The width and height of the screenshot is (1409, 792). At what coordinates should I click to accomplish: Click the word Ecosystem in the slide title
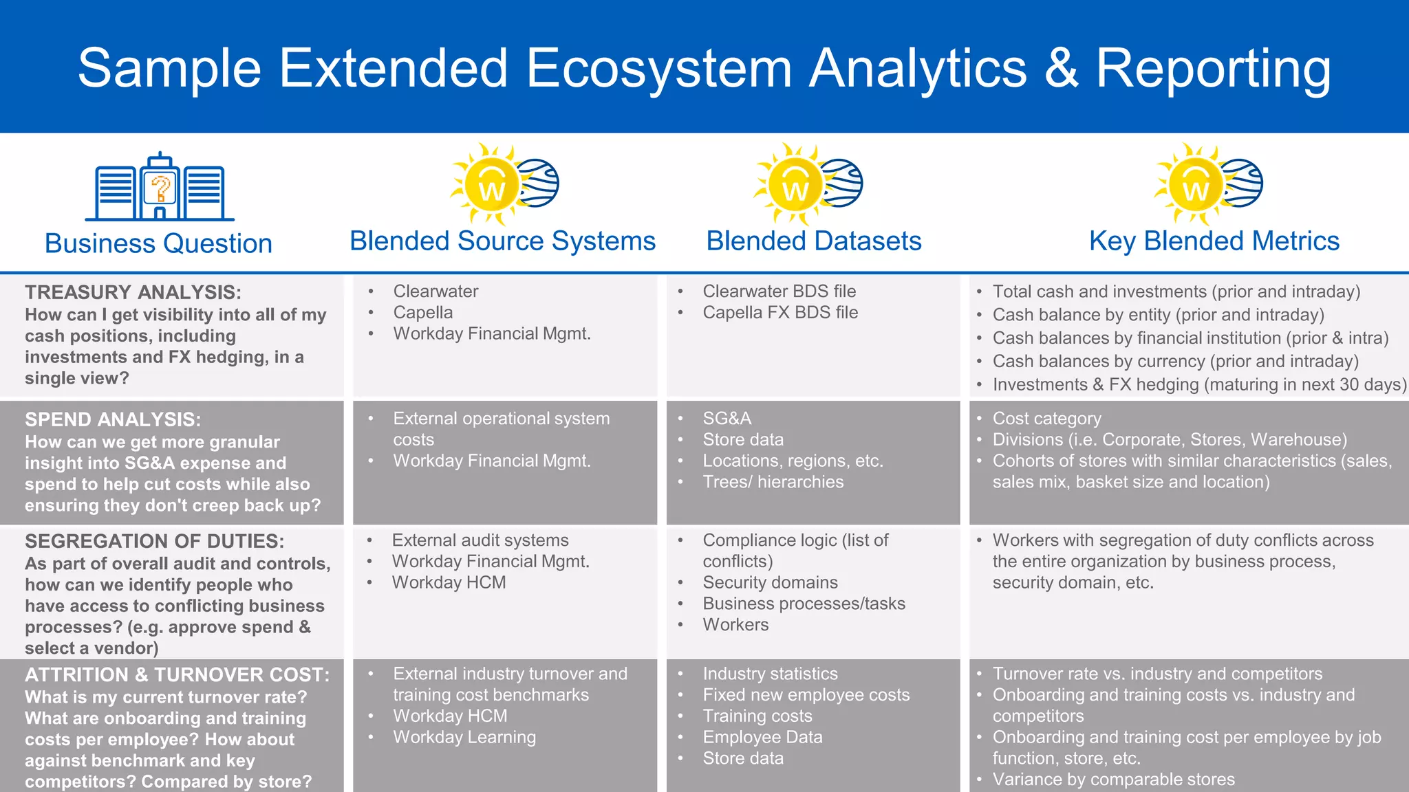point(659,69)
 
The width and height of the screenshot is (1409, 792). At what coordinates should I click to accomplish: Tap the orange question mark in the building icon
point(161,188)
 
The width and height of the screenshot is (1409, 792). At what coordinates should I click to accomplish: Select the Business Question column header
point(158,243)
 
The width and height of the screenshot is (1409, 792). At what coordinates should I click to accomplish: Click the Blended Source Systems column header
point(502,241)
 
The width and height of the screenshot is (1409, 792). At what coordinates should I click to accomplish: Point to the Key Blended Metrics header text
point(1214,241)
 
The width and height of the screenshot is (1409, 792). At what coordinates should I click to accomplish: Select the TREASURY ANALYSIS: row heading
point(133,292)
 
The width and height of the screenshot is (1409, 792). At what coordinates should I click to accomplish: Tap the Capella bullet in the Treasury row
point(422,312)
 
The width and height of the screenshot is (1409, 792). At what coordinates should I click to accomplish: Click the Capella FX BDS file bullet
point(780,312)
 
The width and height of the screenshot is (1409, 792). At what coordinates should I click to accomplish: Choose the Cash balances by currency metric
point(1175,361)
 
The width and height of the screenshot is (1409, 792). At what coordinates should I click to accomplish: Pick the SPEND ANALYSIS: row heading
point(113,419)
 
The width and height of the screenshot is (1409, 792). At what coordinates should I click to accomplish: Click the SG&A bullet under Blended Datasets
point(727,418)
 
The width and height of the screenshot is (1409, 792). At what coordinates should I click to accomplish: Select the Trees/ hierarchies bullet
point(773,482)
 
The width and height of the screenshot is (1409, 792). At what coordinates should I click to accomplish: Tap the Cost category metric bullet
point(1046,418)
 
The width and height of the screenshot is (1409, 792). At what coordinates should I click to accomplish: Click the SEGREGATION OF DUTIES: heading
point(154,541)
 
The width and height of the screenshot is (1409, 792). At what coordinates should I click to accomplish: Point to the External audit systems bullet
point(480,540)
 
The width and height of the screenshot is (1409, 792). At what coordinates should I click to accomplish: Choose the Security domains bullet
point(770,582)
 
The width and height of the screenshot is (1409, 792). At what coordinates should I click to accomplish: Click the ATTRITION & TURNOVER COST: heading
point(177,674)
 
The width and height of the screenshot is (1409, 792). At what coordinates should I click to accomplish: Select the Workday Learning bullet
point(464,737)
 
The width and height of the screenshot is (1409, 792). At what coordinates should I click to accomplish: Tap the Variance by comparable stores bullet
point(1113,780)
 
